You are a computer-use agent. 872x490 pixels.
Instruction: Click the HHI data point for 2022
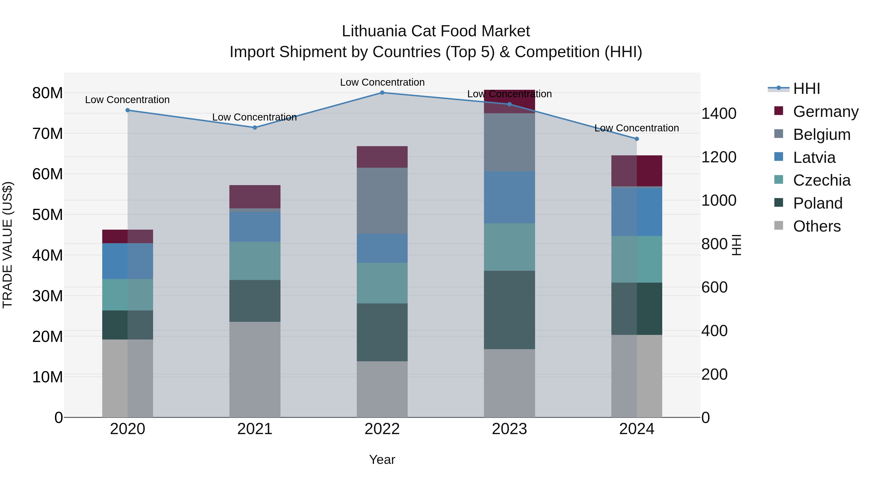click(x=382, y=93)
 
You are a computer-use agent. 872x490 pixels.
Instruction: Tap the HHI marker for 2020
click(x=128, y=110)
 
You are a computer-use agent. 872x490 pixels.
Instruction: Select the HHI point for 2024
click(x=637, y=139)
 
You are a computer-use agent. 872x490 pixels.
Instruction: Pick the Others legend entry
click(x=817, y=226)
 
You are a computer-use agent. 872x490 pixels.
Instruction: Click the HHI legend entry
click(x=806, y=89)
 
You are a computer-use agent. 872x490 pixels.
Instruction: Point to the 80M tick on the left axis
click(x=47, y=93)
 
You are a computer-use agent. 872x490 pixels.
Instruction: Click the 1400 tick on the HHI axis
click(x=719, y=114)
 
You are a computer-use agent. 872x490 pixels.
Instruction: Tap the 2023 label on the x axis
click(x=509, y=429)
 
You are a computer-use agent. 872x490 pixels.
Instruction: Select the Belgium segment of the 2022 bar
click(x=382, y=201)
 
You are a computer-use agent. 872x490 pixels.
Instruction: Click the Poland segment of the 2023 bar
click(x=509, y=310)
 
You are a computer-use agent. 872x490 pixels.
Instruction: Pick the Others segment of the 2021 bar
click(x=255, y=369)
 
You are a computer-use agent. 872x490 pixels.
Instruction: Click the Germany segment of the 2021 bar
click(x=255, y=196)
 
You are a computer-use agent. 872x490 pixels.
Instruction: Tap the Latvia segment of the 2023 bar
click(x=509, y=197)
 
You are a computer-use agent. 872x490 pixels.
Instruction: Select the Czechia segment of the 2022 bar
click(x=382, y=283)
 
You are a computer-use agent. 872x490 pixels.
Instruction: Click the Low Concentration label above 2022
click(x=382, y=83)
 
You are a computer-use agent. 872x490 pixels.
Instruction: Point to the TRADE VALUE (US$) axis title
click(x=8, y=245)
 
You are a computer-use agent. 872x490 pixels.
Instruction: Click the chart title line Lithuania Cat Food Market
click(x=436, y=31)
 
